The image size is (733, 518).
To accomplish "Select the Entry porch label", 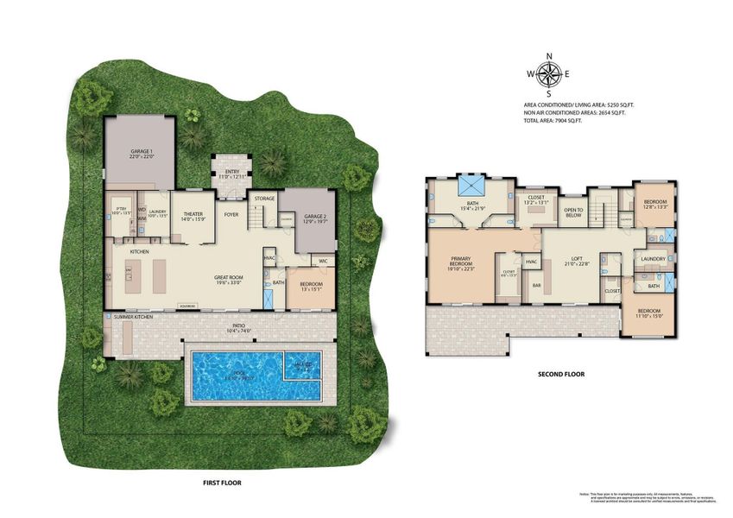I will point(231,172).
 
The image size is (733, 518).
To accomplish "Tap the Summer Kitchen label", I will point(133,318).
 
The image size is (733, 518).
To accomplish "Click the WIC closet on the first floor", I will point(322,261).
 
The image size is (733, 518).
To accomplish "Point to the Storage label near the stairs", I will point(264,199).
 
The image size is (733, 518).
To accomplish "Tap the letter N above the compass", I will point(548,57).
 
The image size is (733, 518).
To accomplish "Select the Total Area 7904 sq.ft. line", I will point(552,121).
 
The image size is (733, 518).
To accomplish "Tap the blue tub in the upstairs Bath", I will point(472,186).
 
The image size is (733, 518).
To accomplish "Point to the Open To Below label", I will point(573,212).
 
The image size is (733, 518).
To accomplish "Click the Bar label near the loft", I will point(536,284).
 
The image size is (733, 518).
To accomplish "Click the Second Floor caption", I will point(562,375).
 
